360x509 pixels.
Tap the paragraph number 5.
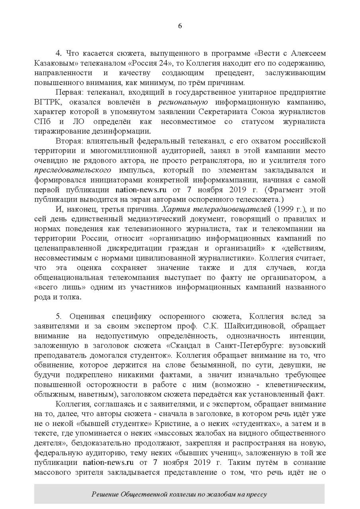[58, 316]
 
